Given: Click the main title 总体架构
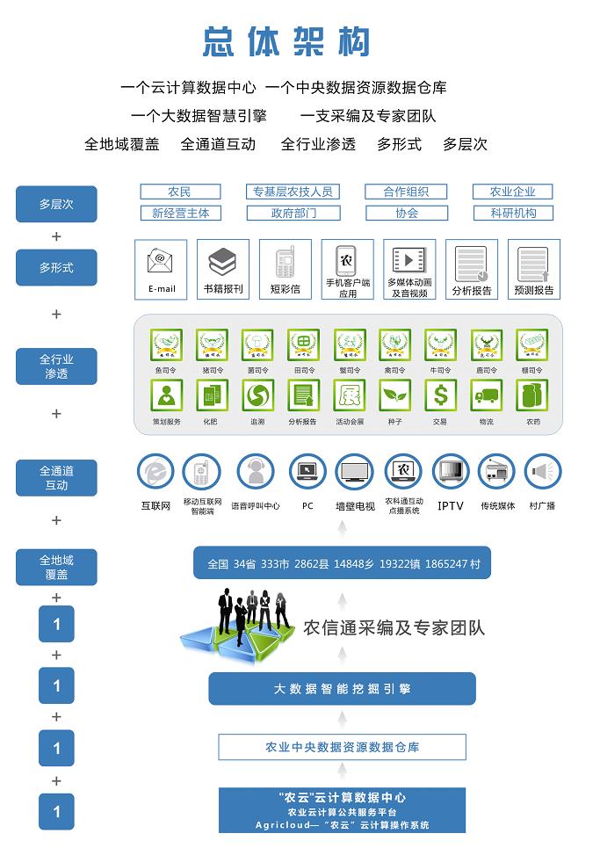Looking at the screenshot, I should coord(286,41).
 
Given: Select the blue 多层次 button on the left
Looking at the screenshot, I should coord(56,204).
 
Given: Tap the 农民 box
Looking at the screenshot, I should coord(179,192).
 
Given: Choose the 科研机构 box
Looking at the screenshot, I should coord(512,213).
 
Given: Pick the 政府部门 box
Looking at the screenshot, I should coord(293,213).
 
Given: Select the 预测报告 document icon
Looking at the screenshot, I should coord(533,263).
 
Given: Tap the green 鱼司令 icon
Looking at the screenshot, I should coord(166,344).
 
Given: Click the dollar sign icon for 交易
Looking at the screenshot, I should coord(441,395).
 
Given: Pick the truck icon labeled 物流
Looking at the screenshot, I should coord(487,395).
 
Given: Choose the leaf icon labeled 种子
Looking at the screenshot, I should coord(394,395).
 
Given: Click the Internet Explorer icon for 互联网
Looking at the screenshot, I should coord(155,473).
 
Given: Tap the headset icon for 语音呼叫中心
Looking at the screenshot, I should coord(256,473).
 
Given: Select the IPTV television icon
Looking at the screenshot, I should coord(450,473).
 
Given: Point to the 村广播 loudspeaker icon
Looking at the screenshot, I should coord(542,473).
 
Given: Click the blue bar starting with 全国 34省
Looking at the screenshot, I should coord(343,563).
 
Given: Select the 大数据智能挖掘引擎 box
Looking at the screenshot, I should coord(342,689).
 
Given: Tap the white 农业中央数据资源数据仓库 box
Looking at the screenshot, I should coord(342,747).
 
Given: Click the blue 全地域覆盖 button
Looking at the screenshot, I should coord(56,567).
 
